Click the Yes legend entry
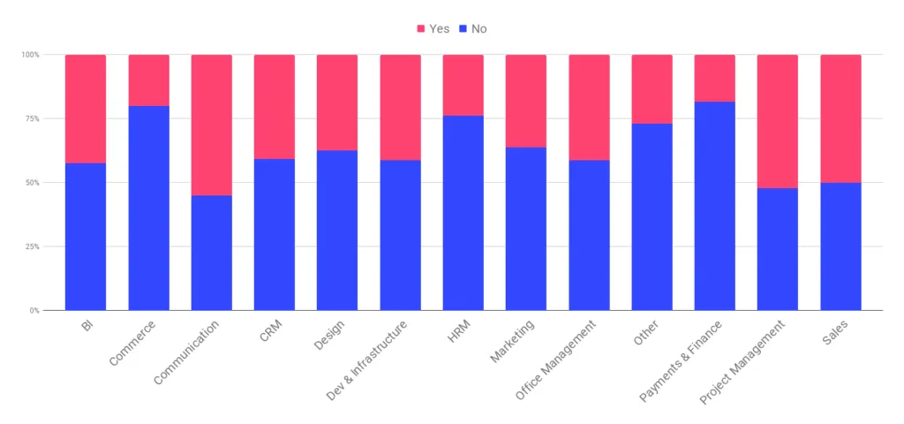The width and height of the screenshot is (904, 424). [433, 29]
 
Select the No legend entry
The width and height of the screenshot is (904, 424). [473, 29]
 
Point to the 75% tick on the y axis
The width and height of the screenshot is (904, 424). [31, 119]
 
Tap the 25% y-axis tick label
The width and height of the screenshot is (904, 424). [31, 246]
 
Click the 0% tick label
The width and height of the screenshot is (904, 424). [34, 310]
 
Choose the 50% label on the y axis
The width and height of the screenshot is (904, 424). [31, 183]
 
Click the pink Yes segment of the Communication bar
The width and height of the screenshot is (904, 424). [212, 125]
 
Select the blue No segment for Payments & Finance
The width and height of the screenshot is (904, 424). [715, 206]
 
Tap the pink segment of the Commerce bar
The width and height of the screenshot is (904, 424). [148, 80]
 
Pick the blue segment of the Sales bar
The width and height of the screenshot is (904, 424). [841, 246]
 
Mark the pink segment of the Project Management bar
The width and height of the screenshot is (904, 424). [778, 121]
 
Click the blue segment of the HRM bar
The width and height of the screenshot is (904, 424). [463, 213]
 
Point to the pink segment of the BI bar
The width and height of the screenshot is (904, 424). [86, 109]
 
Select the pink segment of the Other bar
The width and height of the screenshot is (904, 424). [652, 89]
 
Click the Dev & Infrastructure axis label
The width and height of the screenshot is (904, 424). [367, 359]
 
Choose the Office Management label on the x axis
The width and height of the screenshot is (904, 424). [556, 360]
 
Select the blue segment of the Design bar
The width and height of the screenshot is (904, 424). [337, 231]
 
